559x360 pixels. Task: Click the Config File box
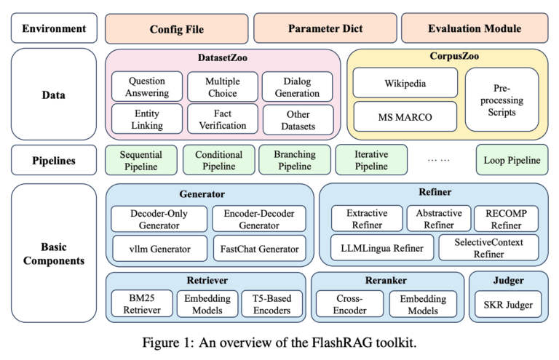click(176, 29)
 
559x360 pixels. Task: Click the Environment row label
click(54, 29)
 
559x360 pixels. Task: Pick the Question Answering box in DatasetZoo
click(147, 87)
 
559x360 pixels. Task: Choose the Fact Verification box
click(221, 120)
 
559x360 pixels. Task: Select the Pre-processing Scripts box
click(502, 100)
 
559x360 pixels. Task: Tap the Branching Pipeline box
click(294, 160)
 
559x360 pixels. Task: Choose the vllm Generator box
click(159, 249)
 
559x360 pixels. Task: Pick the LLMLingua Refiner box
click(382, 248)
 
